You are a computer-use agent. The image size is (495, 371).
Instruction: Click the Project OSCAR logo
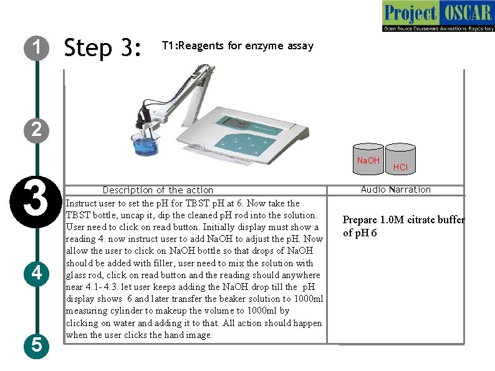pos(438,16)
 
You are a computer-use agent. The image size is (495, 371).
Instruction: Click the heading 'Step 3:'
pos(104,47)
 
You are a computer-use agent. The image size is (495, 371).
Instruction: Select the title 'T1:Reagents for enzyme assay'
pos(238,46)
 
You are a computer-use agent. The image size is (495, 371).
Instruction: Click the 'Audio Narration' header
pos(395,190)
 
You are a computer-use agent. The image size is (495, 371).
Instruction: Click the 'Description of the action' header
pos(158,190)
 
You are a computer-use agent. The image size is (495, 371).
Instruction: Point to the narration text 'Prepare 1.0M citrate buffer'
pos(403,220)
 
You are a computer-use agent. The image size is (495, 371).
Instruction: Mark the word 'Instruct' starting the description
pos(81,203)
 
